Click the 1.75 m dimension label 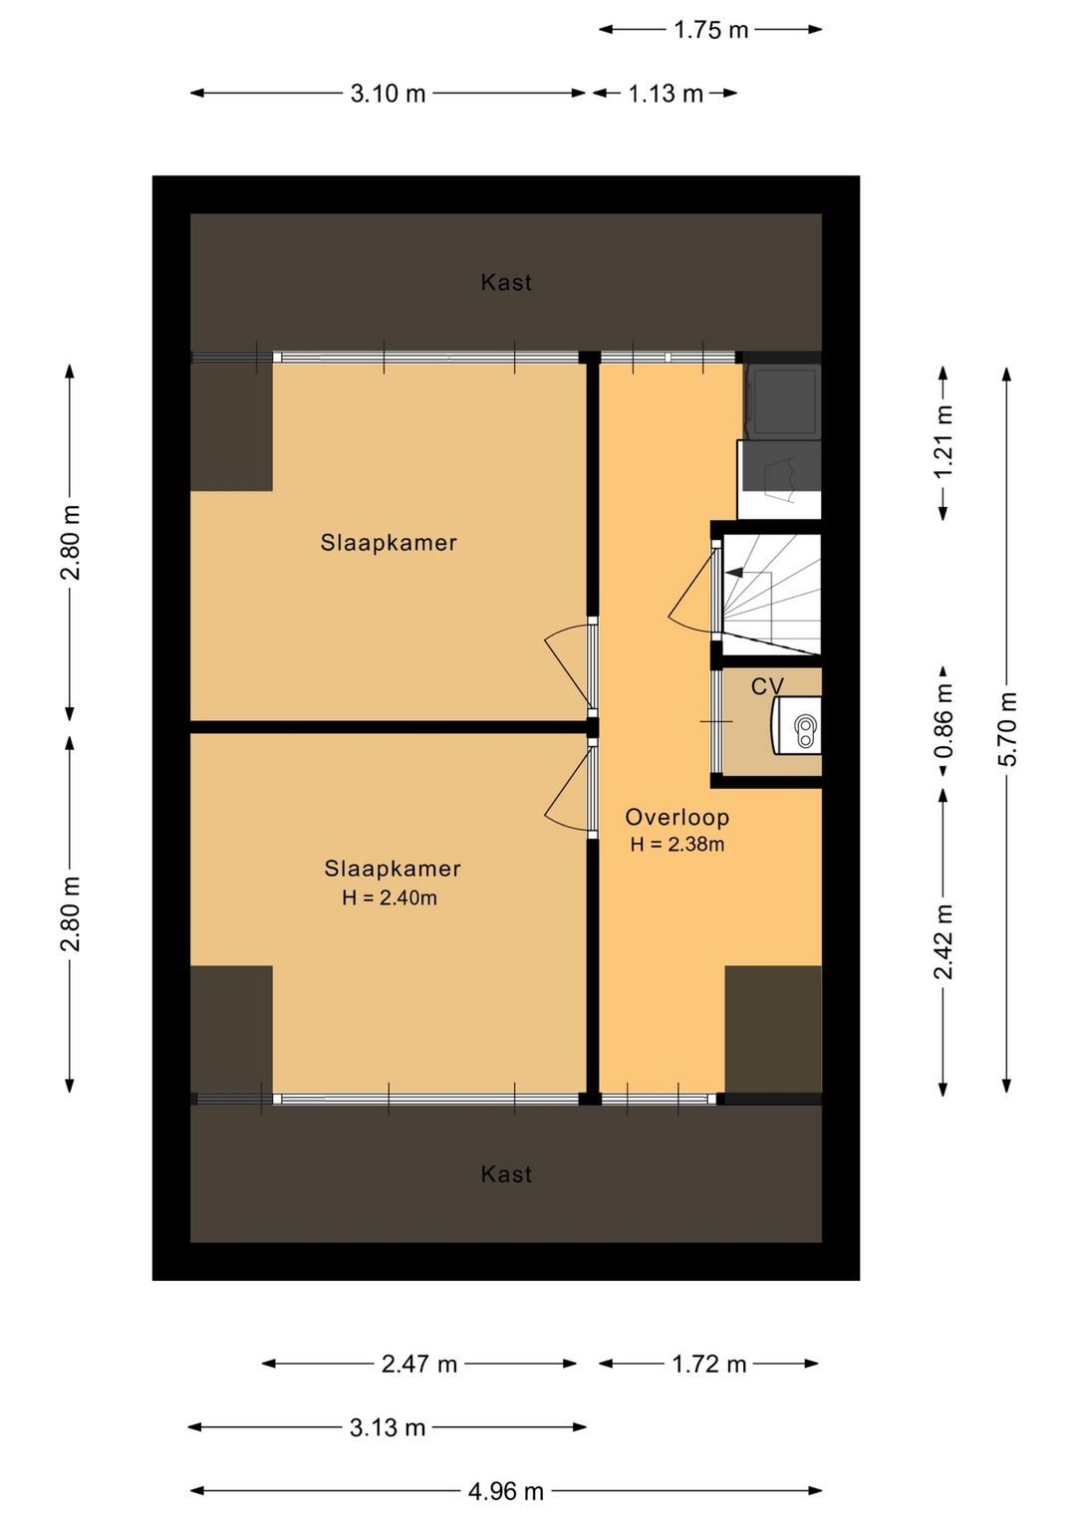point(710,30)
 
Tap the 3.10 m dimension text point(388,93)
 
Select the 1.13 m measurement point(666,93)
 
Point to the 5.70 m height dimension point(1007,729)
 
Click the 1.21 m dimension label point(943,441)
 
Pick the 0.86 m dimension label point(943,720)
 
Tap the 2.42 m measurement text point(943,941)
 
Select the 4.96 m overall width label point(506,1491)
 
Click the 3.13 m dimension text point(388,1427)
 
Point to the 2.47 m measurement point(418,1364)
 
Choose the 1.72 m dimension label point(708,1364)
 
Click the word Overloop point(676,817)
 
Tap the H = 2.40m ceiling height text point(389,897)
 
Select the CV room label point(767,686)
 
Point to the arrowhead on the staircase point(733,573)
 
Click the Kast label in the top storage point(506,282)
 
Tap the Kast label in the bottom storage point(506,1174)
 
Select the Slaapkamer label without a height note point(389,543)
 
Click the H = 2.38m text point(676,844)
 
